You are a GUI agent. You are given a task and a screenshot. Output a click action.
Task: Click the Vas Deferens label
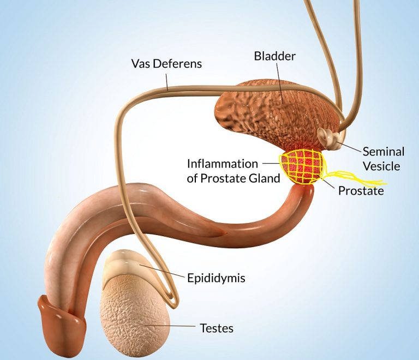coord(166,64)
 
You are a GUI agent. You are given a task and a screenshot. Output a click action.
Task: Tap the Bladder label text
coord(275,56)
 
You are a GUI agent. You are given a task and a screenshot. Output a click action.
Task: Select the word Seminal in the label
coord(383,152)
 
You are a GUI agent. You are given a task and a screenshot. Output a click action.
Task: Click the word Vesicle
coord(381,166)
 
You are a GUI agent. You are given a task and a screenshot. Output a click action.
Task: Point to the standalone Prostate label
coord(361,191)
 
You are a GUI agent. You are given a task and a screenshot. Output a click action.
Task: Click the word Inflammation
coord(223,164)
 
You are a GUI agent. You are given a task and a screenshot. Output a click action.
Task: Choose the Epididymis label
coord(216,278)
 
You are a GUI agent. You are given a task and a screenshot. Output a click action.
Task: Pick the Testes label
coord(217,328)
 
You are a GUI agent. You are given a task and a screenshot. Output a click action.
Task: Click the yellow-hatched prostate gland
coord(301,166)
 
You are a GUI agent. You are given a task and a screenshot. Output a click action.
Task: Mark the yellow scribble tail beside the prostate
coord(355,178)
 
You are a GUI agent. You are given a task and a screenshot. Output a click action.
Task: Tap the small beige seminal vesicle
coord(328,138)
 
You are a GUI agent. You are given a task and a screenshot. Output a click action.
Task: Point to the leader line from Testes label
coord(170,326)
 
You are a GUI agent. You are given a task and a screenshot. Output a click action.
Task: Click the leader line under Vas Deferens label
coord(167,83)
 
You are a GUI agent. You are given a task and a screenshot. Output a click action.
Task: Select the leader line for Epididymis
coord(162,271)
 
